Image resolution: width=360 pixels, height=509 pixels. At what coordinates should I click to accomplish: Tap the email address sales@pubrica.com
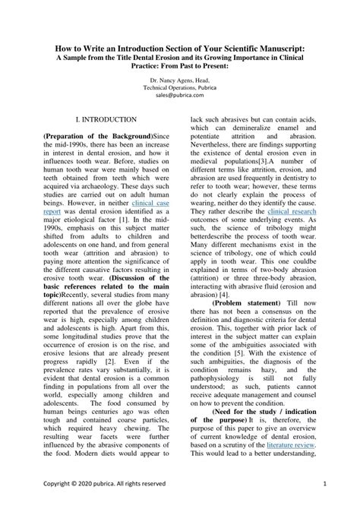tap(180, 96)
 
